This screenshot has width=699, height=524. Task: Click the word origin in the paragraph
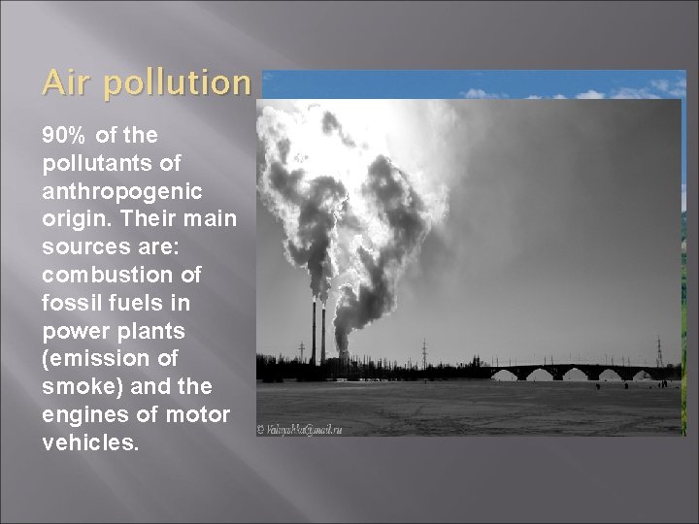click(x=74, y=218)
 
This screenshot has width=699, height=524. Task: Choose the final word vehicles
click(x=90, y=443)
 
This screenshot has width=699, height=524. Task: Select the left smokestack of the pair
click(x=314, y=333)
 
